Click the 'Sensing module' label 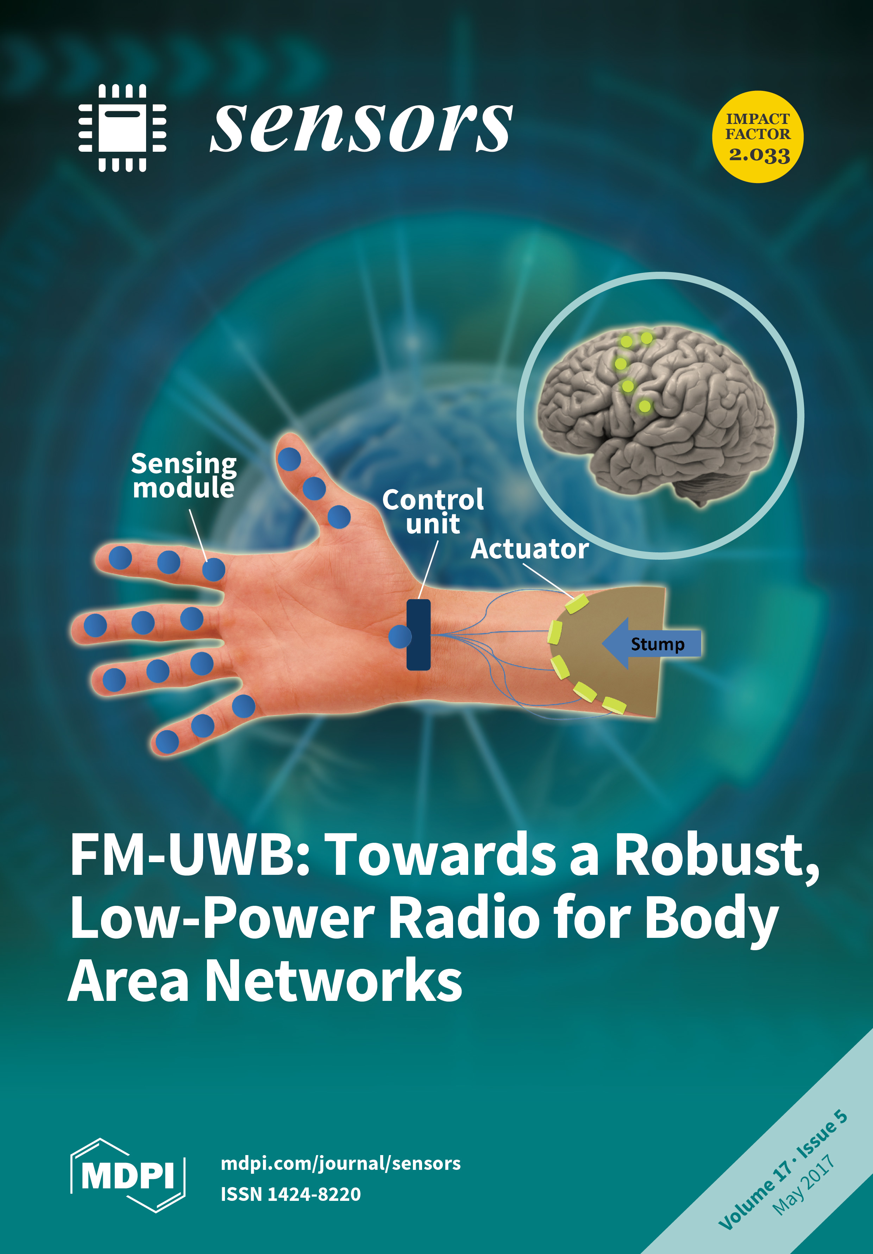pyautogui.click(x=184, y=475)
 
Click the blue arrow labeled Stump pyautogui.click(x=652, y=644)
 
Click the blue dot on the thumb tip pyautogui.click(x=289, y=459)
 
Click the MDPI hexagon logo pyautogui.click(x=128, y=1175)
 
